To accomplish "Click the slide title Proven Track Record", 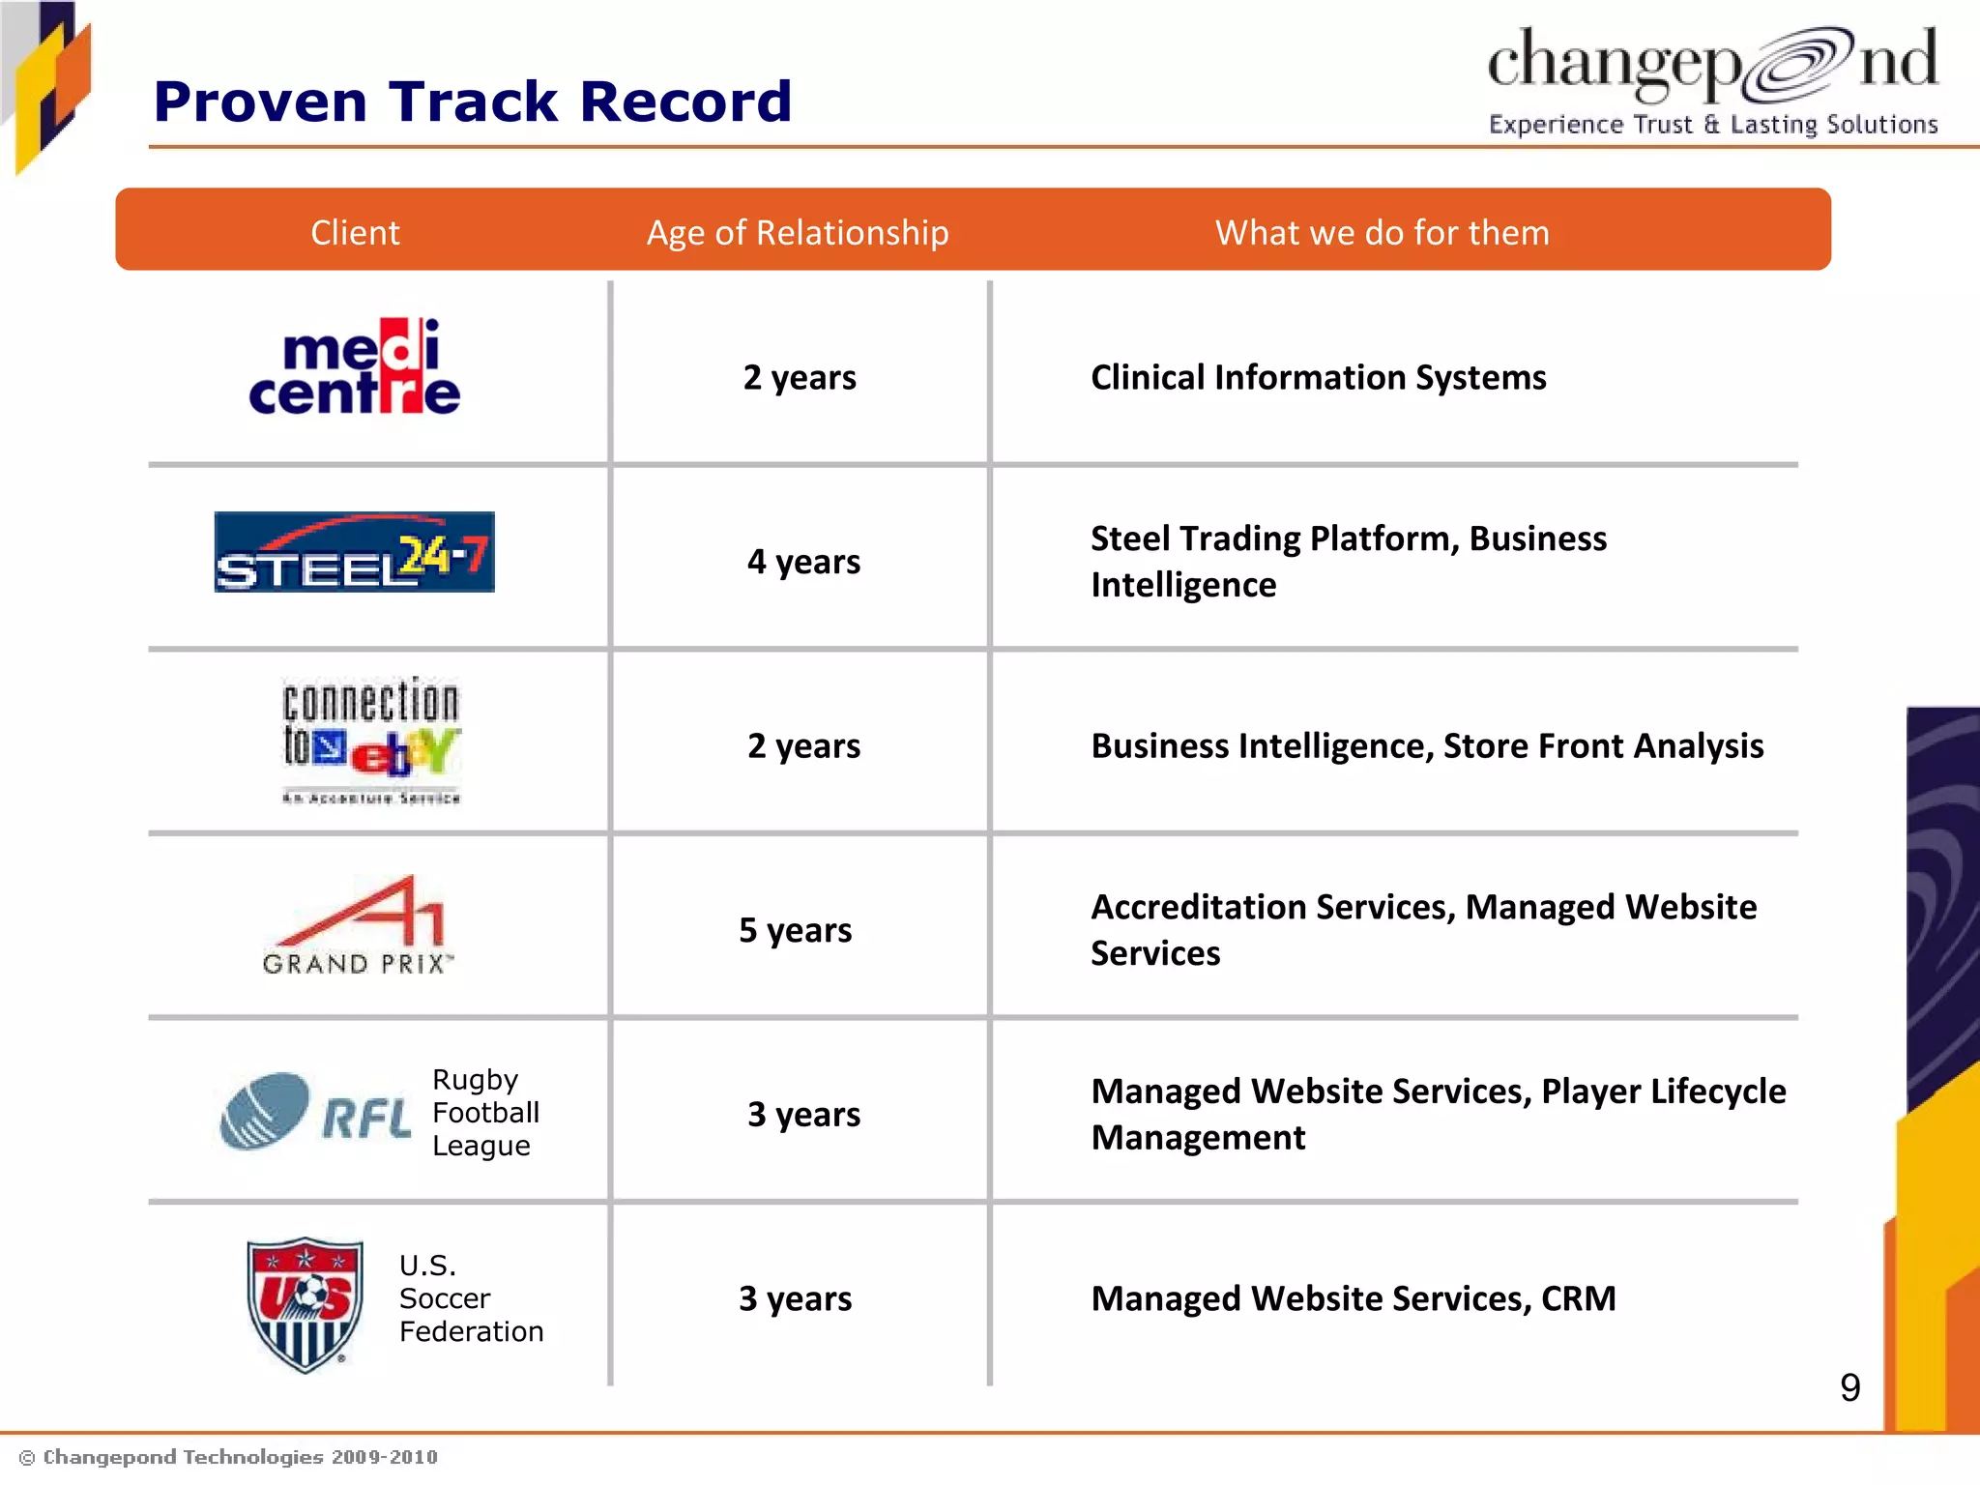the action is pyautogui.click(x=472, y=102).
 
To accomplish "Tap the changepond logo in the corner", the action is pyautogui.click(x=1711, y=64).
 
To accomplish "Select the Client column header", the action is pyautogui.click(x=355, y=233).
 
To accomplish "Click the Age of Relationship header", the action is pyautogui.click(x=798, y=233).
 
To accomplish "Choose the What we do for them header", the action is pyautogui.click(x=1382, y=233).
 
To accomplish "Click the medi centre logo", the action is pyautogui.click(x=355, y=367).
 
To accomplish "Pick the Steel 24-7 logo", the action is pyautogui.click(x=354, y=552).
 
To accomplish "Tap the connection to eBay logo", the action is pyautogui.click(x=371, y=740).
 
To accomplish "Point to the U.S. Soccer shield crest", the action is pyautogui.click(x=306, y=1303).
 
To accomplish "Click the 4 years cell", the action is pyautogui.click(x=803, y=562).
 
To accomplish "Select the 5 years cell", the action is pyautogui.click(x=795, y=930).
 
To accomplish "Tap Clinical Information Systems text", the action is pyautogui.click(x=1318, y=377).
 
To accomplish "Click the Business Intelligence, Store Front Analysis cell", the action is pyautogui.click(x=1427, y=745).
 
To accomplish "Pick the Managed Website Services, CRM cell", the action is pyautogui.click(x=1353, y=1298).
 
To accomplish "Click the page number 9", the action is pyautogui.click(x=1849, y=1387).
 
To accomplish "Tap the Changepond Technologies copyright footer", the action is pyautogui.click(x=229, y=1457).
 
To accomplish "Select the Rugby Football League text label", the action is pyautogui.click(x=484, y=1113).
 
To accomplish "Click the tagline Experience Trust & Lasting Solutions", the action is pyautogui.click(x=1712, y=125).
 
